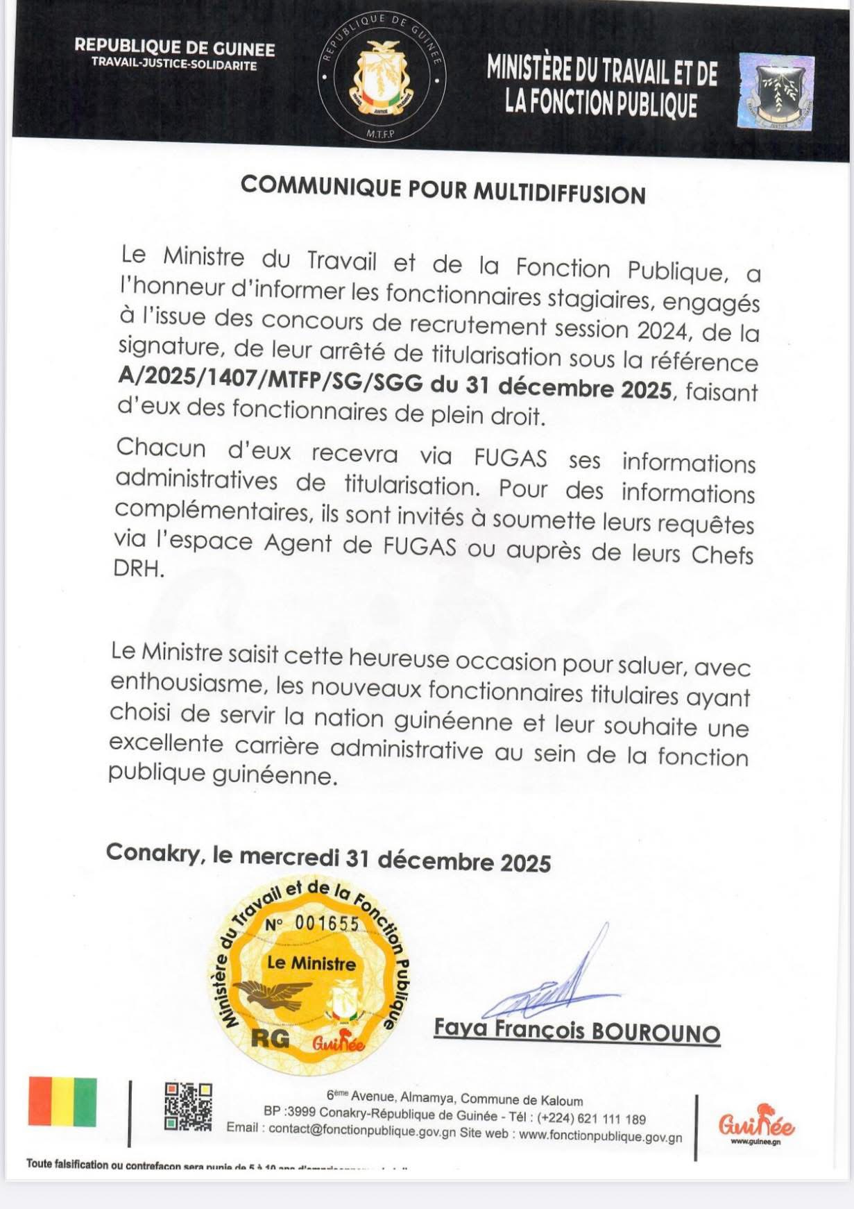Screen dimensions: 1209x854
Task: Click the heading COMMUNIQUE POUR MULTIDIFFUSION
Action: click(x=443, y=189)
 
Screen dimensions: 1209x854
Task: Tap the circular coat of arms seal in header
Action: click(x=382, y=77)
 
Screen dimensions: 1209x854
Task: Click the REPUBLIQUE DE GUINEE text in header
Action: click(x=174, y=48)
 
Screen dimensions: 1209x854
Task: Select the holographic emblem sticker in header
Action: click(x=775, y=92)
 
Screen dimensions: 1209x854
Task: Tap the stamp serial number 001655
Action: click(x=327, y=923)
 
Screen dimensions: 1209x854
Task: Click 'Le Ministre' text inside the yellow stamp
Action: click(x=301, y=963)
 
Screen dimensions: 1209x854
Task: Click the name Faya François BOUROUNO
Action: click(x=577, y=1031)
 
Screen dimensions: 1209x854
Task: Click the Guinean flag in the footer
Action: click(x=62, y=1101)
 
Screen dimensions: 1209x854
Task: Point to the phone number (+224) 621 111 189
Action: click(x=591, y=1119)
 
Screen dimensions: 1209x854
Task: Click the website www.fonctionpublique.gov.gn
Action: click(x=600, y=1137)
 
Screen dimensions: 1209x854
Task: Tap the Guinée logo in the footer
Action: click(x=756, y=1123)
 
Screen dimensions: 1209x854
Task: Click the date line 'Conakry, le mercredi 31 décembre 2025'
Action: click(x=328, y=859)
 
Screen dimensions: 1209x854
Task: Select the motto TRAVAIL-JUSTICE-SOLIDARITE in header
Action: click(x=174, y=66)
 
